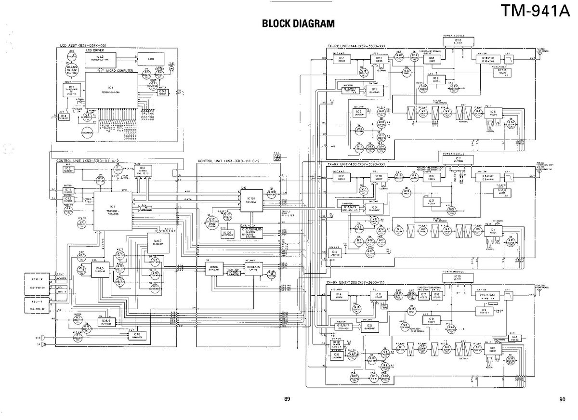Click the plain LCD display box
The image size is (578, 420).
tap(151, 58)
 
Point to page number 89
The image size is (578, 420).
tap(287, 398)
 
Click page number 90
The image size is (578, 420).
tap(563, 398)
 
